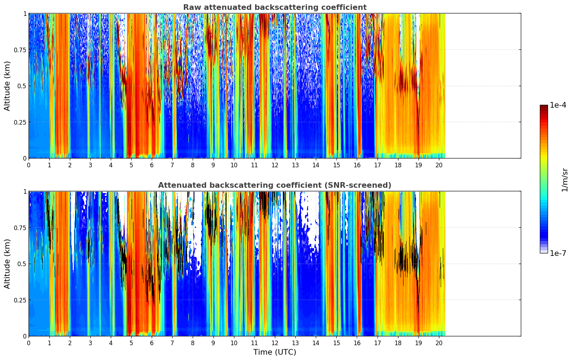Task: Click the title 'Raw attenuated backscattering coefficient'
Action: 275,7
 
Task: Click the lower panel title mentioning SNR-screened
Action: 275,185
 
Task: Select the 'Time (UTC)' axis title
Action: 275,352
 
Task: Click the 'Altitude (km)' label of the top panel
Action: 7,86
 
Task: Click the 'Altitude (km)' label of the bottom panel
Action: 7,264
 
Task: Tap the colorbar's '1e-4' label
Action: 558,105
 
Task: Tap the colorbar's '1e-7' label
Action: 558,253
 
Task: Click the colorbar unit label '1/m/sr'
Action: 565,179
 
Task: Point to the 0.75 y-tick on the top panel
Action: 20,50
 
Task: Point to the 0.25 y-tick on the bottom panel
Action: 20,300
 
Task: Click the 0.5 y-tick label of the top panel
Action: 22,86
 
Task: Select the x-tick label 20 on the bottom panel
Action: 439,343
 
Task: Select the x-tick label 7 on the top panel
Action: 172,165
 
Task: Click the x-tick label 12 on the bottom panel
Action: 275,343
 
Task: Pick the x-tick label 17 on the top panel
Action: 378,165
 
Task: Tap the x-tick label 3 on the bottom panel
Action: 90,343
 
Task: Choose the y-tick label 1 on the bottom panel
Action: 25,192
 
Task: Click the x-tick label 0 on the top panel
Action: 29,165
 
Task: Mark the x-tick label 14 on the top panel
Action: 316,165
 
